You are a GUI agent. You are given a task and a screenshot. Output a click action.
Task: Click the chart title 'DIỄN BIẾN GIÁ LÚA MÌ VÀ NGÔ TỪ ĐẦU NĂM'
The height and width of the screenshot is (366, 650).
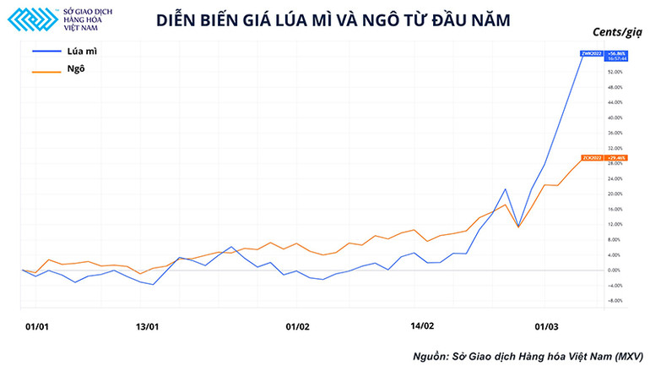333,21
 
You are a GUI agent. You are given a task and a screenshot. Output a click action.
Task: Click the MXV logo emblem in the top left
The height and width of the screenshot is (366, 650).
33,20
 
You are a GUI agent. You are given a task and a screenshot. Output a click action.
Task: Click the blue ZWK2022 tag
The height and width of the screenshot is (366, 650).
589,53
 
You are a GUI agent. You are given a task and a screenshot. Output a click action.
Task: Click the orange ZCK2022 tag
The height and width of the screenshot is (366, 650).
589,158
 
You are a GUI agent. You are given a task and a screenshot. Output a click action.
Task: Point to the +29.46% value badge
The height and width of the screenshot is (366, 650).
616,158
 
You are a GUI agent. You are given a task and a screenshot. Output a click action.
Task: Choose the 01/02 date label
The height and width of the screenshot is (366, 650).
298,325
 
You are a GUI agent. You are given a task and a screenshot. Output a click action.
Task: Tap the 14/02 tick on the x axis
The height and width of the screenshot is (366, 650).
422,325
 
